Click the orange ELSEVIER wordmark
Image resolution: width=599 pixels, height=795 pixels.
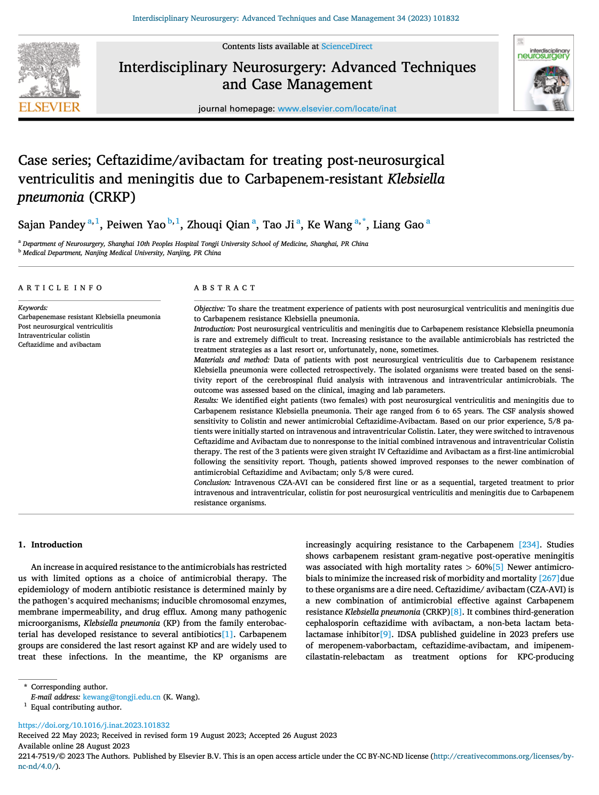49,107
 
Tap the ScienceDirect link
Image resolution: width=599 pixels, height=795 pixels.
346,46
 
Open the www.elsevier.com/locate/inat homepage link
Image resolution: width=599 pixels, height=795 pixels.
337,109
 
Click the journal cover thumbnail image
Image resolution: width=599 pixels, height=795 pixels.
543,73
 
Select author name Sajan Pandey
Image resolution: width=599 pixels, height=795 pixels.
51,225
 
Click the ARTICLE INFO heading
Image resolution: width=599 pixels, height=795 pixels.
60,288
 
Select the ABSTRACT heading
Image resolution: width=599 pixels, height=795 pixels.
225,288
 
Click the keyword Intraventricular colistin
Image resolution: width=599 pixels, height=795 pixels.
54,336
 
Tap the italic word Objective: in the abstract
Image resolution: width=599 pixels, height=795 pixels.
209,308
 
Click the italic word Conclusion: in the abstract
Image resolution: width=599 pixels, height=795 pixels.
212,482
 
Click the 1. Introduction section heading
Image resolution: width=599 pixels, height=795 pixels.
50,545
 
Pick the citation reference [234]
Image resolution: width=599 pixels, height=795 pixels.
529,545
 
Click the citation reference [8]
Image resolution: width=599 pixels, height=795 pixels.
456,612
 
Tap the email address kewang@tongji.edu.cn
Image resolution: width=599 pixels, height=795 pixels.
122,697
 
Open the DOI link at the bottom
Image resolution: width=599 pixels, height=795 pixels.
94,725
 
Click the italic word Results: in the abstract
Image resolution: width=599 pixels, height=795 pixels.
206,400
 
